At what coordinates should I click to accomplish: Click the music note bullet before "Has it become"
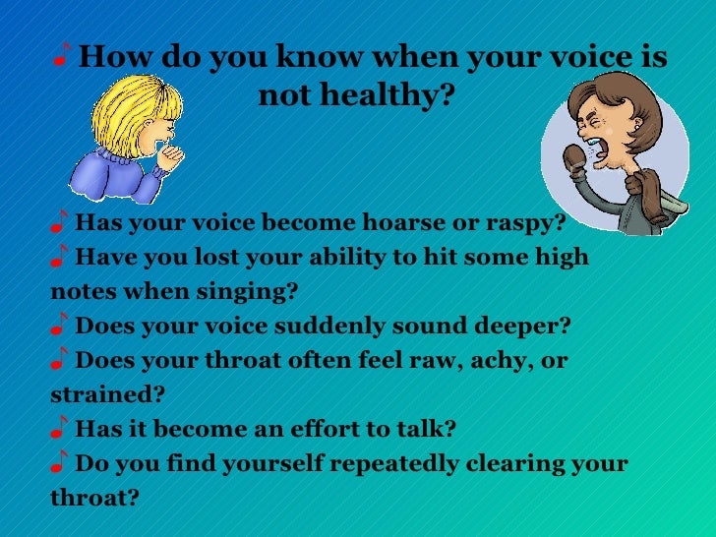point(60,428)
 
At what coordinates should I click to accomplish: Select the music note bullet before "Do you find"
point(60,462)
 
